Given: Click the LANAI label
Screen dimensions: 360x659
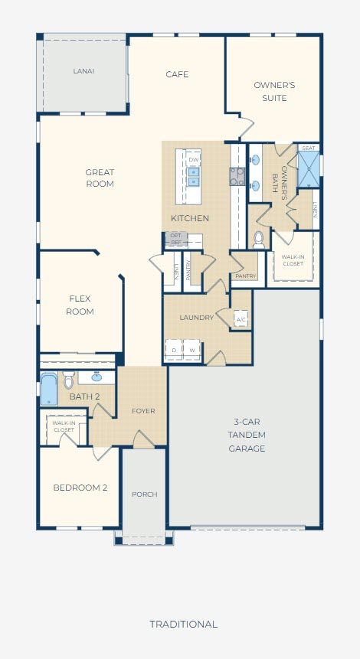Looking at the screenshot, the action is pyautogui.click(x=83, y=71).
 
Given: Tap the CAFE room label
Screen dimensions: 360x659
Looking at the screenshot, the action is pyautogui.click(x=177, y=74).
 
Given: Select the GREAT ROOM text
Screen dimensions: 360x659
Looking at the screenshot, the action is pyautogui.click(x=100, y=178).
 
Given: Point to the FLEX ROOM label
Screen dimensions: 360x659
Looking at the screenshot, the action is pyautogui.click(x=81, y=305).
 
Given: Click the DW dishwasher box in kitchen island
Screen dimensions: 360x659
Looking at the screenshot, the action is pyautogui.click(x=193, y=160).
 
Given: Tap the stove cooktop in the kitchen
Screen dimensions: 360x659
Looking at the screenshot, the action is pyautogui.click(x=237, y=177).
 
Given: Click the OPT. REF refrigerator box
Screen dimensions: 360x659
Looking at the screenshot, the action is pyautogui.click(x=177, y=239).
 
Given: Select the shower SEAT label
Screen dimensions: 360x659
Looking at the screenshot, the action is pyautogui.click(x=308, y=148).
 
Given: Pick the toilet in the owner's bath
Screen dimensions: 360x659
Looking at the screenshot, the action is pyautogui.click(x=258, y=239).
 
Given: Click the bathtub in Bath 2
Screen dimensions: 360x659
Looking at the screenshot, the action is pyautogui.click(x=49, y=389).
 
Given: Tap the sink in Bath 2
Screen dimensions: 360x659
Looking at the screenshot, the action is pyautogui.click(x=97, y=377).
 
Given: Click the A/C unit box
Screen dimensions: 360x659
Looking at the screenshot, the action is pyautogui.click(x=241, y=319).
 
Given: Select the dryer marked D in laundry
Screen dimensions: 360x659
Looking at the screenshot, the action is pyautogui.click(x=174, y=350).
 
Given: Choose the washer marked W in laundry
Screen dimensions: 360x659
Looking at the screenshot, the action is pyautogui.click(x=191, y=350).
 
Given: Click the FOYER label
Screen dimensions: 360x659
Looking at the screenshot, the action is pyautogui.click(x=143, y=411).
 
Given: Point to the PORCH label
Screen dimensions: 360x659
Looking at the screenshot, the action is pyautogui.click(x=145, y=494).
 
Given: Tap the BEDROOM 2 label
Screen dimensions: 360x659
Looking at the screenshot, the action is pyautogui.click(x=80, y=488).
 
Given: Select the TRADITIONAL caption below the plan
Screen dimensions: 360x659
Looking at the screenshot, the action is pyautogui.click(x=183, y=624).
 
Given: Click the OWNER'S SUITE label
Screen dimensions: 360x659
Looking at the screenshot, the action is pyautogui.click(x=274, y=91).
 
